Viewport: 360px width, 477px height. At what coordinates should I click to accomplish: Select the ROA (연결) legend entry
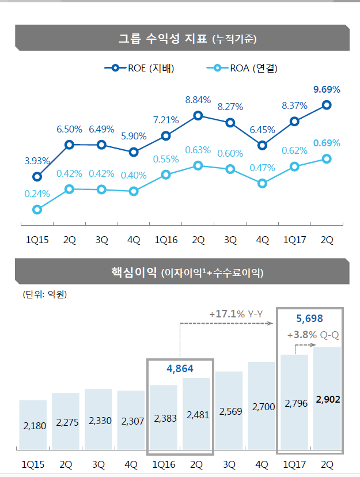coord(242,69)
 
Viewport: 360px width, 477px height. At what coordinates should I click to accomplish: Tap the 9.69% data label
coord(327,89)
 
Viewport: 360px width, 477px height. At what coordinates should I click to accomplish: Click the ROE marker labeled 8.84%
coord(198,115)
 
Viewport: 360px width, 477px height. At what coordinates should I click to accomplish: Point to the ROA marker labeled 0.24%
coord(37,210)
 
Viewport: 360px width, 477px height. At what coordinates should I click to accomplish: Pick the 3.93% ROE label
coord(37,161)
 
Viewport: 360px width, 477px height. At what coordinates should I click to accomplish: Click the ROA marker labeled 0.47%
coord(263,183)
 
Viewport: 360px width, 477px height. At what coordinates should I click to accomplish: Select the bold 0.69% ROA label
coord(327,143)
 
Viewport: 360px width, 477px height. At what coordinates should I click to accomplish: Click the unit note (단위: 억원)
coord(45,295)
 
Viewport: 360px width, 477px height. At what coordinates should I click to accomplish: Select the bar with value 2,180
coord(33,424)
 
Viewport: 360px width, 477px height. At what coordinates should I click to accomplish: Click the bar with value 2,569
coord(229,410)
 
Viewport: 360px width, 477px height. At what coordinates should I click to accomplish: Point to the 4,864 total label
coord(180,368)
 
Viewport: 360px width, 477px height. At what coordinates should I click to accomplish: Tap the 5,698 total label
coord(309,317)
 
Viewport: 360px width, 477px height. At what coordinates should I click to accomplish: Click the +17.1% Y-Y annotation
coord(236,314)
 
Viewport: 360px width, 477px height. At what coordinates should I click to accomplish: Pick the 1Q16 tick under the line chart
coord(166,240)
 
